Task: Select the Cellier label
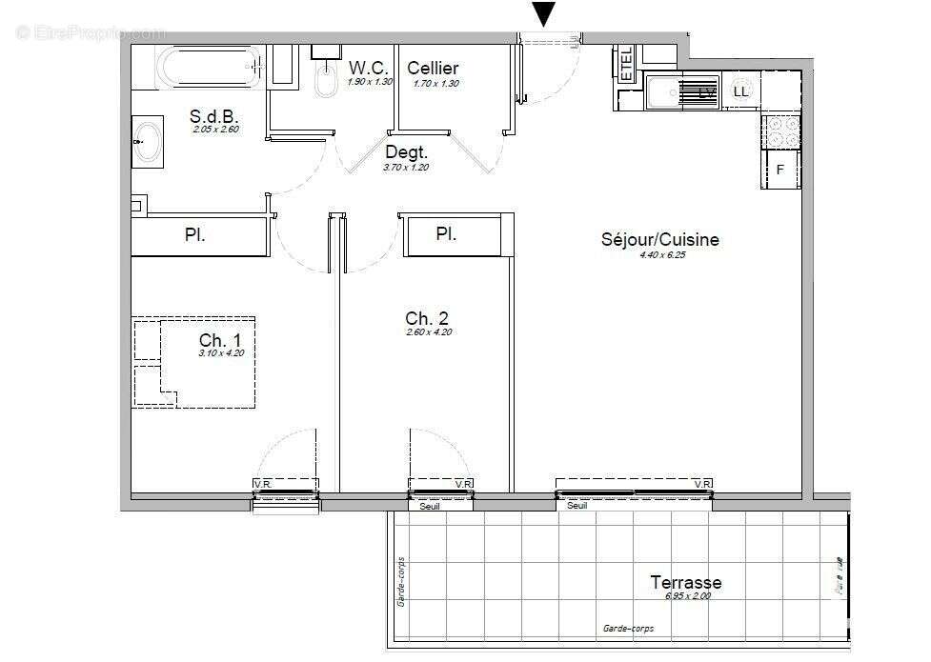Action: [x=433, y=68]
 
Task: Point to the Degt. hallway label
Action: [x=406, y=152]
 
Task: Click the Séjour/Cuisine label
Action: [x=659, y=240]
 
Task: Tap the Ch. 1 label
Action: [x=220, y=341]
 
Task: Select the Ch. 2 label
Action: [x=426, y=318]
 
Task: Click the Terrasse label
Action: [x=685, y=582]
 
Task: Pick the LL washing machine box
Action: [x=740, y=91]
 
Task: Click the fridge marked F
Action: [x=779, y=171]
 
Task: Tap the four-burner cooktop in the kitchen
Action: [x=779, y=131]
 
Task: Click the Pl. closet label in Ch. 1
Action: [x=195, y=235]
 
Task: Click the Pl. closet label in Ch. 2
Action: [x=446, y=233]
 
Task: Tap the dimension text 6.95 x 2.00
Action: [x=687, y=596]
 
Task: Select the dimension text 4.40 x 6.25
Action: [x=659, y=254]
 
